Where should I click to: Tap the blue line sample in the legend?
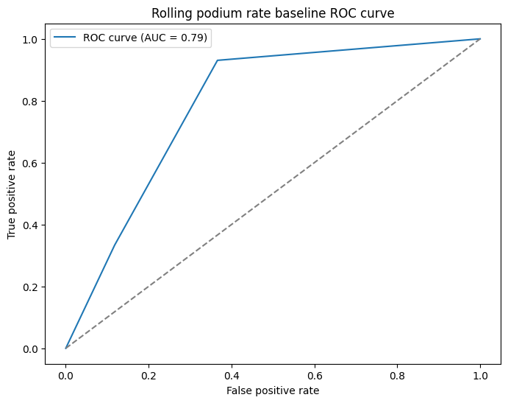(66, 38)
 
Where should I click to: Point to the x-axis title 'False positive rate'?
(273, 390)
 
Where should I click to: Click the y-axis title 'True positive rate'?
(12, 193)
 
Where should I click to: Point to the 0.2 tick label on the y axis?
(30, 287)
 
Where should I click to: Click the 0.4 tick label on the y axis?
(30, 225)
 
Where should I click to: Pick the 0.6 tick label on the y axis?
(30, 163)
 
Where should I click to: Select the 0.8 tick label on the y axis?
(30, 101)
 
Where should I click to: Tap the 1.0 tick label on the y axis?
(30, 39)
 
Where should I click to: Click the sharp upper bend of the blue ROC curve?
(218, 60)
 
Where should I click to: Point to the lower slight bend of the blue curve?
(115, 245)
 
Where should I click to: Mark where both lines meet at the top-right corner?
(480, 39)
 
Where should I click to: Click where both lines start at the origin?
(65, 348)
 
